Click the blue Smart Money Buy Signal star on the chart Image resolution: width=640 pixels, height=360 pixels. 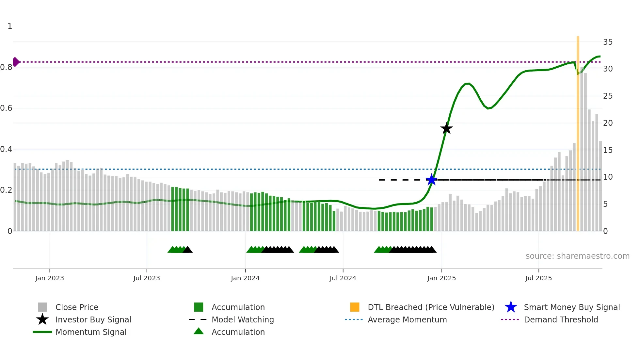pyautogui.click(x=431, y=180)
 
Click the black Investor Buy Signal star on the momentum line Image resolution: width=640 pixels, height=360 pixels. pyautogui.click(x=446, y=128)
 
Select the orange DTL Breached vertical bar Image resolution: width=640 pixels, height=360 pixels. pyautogui.click(x=578, y=134)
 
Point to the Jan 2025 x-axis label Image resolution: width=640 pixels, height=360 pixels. pyautogui.click(x=441, y=278)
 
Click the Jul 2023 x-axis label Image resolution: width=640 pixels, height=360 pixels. pyautogui.click(x=147, y=278)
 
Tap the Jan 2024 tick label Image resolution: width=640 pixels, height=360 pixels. pyautogui.click(x=245, y=278)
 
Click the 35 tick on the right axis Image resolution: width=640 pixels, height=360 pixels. pyautogui.click(x=608, y=42)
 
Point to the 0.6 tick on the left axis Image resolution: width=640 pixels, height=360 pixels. pyautogui.click(x=6, y=108)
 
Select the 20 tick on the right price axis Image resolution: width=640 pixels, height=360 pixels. pyautogui.click(x=608, y=123)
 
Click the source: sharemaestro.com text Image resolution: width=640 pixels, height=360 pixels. pyautogui.click(x=577, y=256)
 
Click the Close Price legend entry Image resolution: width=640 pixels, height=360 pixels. pyautogui.click(x=77, y=307)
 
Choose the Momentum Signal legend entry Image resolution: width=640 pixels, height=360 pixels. pyautogui.click(x=91, y=332)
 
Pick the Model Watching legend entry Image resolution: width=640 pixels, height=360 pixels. pyautogui.click(x=242, y=319)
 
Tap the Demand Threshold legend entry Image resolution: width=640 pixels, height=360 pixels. pyautogui.click(x=561, y=319)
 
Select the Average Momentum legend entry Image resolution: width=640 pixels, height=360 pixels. pyautogui.click(x=407, y=319)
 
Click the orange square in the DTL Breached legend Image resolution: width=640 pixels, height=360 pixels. pyautogui.click(x=355, y=307)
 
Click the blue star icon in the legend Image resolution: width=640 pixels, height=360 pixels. pyautogui.click(x=511, y=307)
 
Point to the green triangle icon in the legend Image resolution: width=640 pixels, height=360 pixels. pyautogui.click(x=199, y=332)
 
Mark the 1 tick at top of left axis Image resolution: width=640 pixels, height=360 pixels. pyautogui.click(x=10, y=26)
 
